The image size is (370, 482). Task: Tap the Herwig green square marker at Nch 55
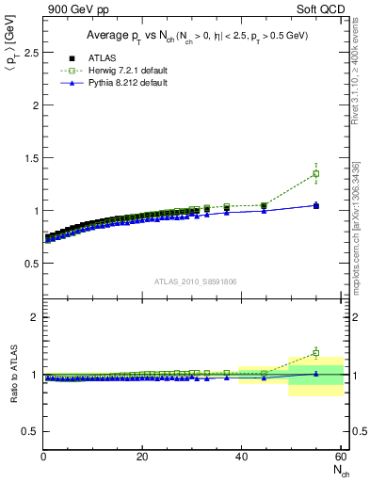tap(315, 173)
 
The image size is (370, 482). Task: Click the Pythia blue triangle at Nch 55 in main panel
tap(315, 204)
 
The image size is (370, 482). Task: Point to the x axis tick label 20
tap(142, 458)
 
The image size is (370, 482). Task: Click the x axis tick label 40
tap(241, 458)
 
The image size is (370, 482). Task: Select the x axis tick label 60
tap(339, 458)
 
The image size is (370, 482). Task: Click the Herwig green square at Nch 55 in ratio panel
tap(315, 353)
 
